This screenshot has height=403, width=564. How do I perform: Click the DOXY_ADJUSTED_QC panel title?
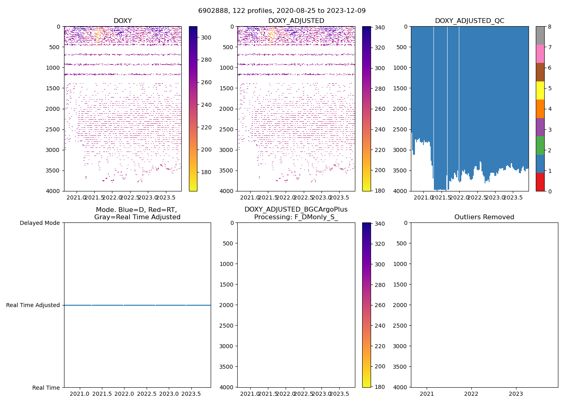469,21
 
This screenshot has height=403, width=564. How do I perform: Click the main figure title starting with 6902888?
282,11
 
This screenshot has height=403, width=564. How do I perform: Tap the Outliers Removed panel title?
484,217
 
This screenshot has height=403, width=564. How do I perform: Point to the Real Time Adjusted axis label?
33,305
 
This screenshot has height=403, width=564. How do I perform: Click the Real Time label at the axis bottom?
46,388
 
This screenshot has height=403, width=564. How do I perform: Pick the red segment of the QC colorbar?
540,182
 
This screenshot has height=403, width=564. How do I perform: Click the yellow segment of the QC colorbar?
540,90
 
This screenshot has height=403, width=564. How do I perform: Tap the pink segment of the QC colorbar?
540,54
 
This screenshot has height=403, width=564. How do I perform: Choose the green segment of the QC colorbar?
540,145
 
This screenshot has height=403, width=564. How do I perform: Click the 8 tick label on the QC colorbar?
549,27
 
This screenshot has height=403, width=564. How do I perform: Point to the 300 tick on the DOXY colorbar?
206,37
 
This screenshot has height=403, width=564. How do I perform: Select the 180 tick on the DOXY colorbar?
206,172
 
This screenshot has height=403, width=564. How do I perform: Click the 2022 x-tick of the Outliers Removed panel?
471,394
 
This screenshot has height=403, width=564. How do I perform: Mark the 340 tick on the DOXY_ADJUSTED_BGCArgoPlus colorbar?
379,224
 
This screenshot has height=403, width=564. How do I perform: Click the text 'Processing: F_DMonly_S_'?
296,217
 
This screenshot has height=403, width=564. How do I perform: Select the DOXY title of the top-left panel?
122,21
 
